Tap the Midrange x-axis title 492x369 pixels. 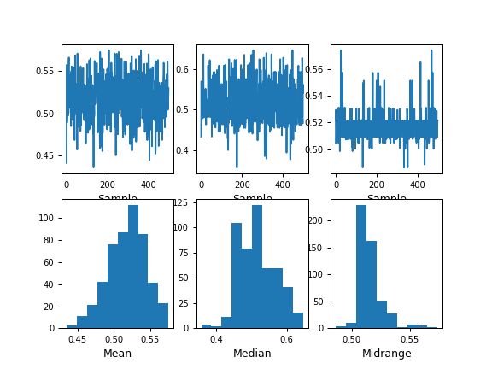pos(385,353)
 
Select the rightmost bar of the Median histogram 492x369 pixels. pos(298,319)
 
